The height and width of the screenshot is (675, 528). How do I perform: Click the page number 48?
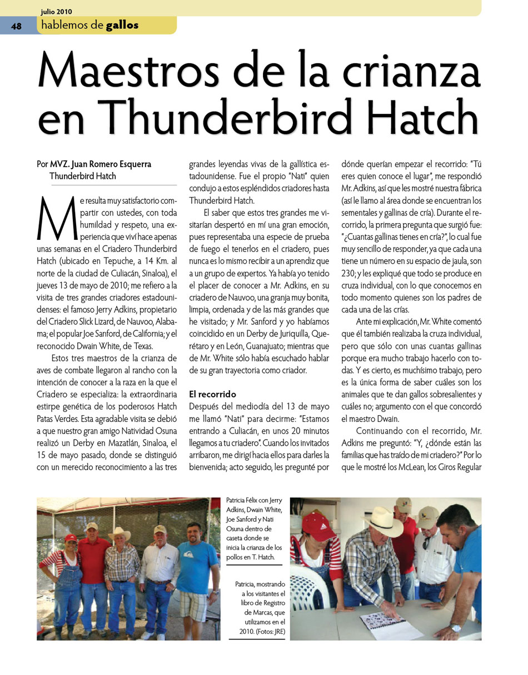16,26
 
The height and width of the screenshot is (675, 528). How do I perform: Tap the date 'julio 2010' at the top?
56,11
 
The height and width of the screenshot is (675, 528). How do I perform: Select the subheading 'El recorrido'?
213,394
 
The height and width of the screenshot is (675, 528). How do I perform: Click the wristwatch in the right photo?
456,628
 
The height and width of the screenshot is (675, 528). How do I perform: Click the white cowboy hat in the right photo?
382,519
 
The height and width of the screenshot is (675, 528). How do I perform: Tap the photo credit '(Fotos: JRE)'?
269,632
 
